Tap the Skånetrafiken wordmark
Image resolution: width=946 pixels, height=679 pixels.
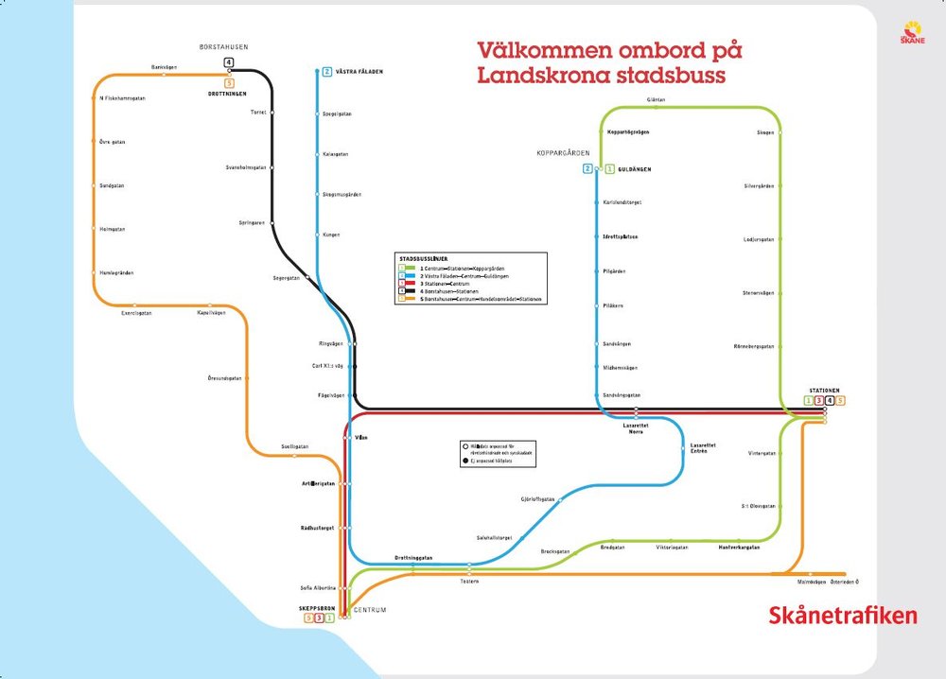843,616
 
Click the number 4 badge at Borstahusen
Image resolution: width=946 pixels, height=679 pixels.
228,63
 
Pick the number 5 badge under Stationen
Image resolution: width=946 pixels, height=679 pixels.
840,401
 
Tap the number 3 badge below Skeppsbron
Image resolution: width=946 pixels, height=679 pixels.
319,618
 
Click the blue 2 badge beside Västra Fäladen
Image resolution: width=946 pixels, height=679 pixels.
327,72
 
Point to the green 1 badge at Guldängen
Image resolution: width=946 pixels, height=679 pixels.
610,169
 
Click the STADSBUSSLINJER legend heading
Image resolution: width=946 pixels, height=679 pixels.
424,258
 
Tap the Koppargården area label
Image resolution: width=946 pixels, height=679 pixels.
563,153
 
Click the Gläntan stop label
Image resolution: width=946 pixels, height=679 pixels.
657,99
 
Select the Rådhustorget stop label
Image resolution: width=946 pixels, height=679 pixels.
312,528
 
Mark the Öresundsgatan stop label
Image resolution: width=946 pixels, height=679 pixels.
225,378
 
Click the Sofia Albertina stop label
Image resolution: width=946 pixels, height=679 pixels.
319,587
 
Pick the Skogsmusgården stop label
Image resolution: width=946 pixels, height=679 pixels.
342,195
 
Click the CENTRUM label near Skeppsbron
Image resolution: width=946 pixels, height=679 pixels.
370,610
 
